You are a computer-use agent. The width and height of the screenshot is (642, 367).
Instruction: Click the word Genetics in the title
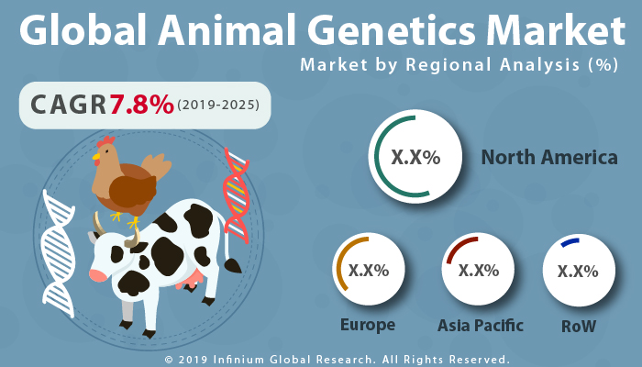tap(383, 33)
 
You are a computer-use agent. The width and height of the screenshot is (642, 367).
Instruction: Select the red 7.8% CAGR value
tap(141, 106)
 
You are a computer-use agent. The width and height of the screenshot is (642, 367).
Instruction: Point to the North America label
tap(549, 158)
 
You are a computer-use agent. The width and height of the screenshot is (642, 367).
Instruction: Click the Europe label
tap(367, 325)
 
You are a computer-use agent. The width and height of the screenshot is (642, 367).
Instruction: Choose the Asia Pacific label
tap(480, 325)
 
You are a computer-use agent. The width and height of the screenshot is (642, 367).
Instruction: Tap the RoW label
tap(578, 326)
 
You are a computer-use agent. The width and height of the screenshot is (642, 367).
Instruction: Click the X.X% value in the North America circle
tap(415, 158)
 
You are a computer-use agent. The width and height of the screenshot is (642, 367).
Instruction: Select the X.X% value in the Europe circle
tap(369, 271)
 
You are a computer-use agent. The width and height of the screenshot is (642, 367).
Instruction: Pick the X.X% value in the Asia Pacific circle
tap(478, 271)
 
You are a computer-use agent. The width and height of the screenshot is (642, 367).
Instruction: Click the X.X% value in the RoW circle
tap(578, 271)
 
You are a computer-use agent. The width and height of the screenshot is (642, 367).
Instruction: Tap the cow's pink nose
tap(98, 274)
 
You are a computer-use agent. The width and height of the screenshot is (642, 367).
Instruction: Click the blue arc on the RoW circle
tap(570, 242)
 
